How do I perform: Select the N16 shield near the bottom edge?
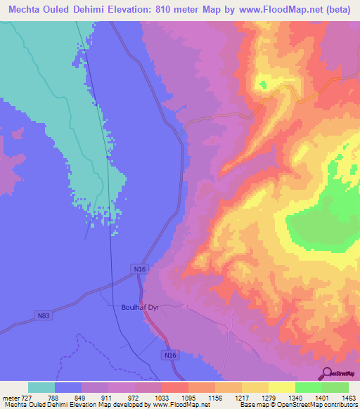click(x=170, y=356)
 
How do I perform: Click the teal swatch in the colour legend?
click(x=41, y=387)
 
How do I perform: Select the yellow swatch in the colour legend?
click(x=281, y=387)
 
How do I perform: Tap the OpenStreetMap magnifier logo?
click(x=326, y=373)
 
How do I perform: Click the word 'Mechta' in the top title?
click(x=26, y=10)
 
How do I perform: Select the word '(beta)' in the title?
click(x=329, y=10)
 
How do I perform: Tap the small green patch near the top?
click(x=264, y=84)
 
